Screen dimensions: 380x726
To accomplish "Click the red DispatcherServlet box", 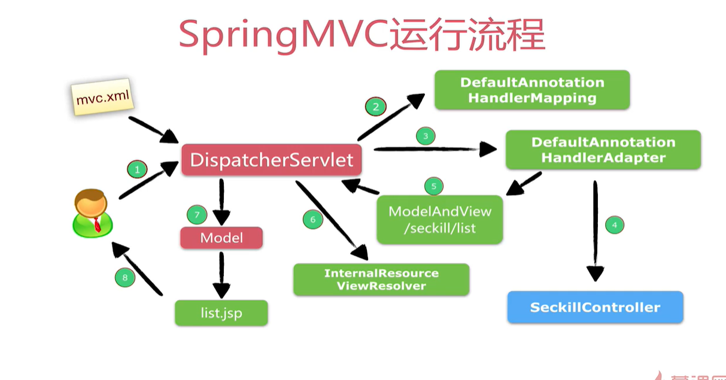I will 271,160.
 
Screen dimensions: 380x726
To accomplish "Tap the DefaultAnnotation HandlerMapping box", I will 531,90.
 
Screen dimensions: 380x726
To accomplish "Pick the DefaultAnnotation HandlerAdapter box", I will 603,150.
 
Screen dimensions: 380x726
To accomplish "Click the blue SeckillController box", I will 595,308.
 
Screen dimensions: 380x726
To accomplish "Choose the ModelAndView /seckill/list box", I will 439,219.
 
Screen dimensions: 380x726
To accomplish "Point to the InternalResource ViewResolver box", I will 381,279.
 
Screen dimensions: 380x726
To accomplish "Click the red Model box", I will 221,238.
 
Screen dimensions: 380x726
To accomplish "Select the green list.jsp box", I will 221,313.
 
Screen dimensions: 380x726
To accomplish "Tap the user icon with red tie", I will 92,212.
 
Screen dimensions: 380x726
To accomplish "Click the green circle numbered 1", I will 137,170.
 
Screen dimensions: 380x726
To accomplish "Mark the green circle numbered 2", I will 376,107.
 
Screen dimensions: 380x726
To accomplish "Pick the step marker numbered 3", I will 426,136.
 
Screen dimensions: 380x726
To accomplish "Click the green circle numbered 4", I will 614,225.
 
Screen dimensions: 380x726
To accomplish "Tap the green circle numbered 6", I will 312,220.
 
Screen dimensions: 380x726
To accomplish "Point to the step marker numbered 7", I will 197,214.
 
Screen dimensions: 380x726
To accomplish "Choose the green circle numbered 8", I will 124,277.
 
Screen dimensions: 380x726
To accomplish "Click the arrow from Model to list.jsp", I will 221,274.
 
